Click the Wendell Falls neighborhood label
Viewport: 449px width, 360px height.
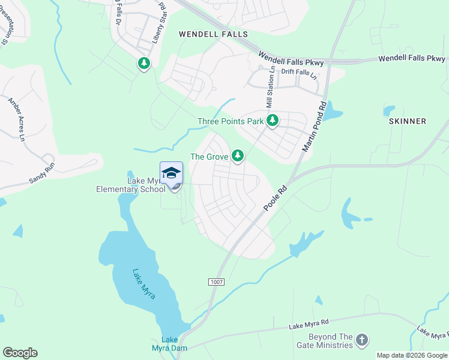coord(213,34)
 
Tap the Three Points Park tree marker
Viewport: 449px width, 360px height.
coord(273,121)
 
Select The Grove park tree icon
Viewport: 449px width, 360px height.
coord(238,156)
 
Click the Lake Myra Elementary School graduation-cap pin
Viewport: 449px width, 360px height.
coord(171,173)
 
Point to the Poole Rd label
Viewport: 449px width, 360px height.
coord(276,198)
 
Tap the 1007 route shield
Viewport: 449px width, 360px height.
coord(216,281)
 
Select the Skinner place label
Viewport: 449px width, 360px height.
coord(408,121)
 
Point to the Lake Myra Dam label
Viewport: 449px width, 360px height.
coord(174,344)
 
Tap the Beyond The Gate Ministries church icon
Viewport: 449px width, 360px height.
coord(361,340)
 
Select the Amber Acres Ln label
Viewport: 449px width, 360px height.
coord(16,119)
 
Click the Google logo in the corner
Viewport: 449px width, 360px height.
coord(20,353)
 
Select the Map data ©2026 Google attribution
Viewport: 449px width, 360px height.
coord(412,355)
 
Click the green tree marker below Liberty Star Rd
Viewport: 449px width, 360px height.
coord(144,62)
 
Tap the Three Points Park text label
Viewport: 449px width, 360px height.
coord(231,122)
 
